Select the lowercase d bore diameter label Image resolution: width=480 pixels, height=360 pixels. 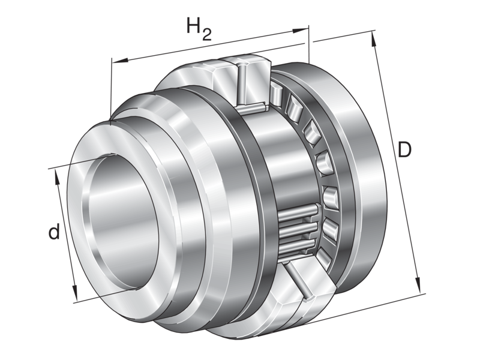click(x=53, y=232)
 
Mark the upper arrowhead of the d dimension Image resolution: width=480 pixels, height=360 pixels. click(x=58, y=173)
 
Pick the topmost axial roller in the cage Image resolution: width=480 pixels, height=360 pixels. click(x=277, y=93)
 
